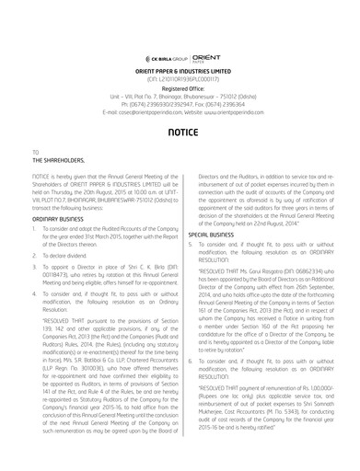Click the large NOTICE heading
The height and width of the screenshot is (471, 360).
[x=180, y=132]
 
